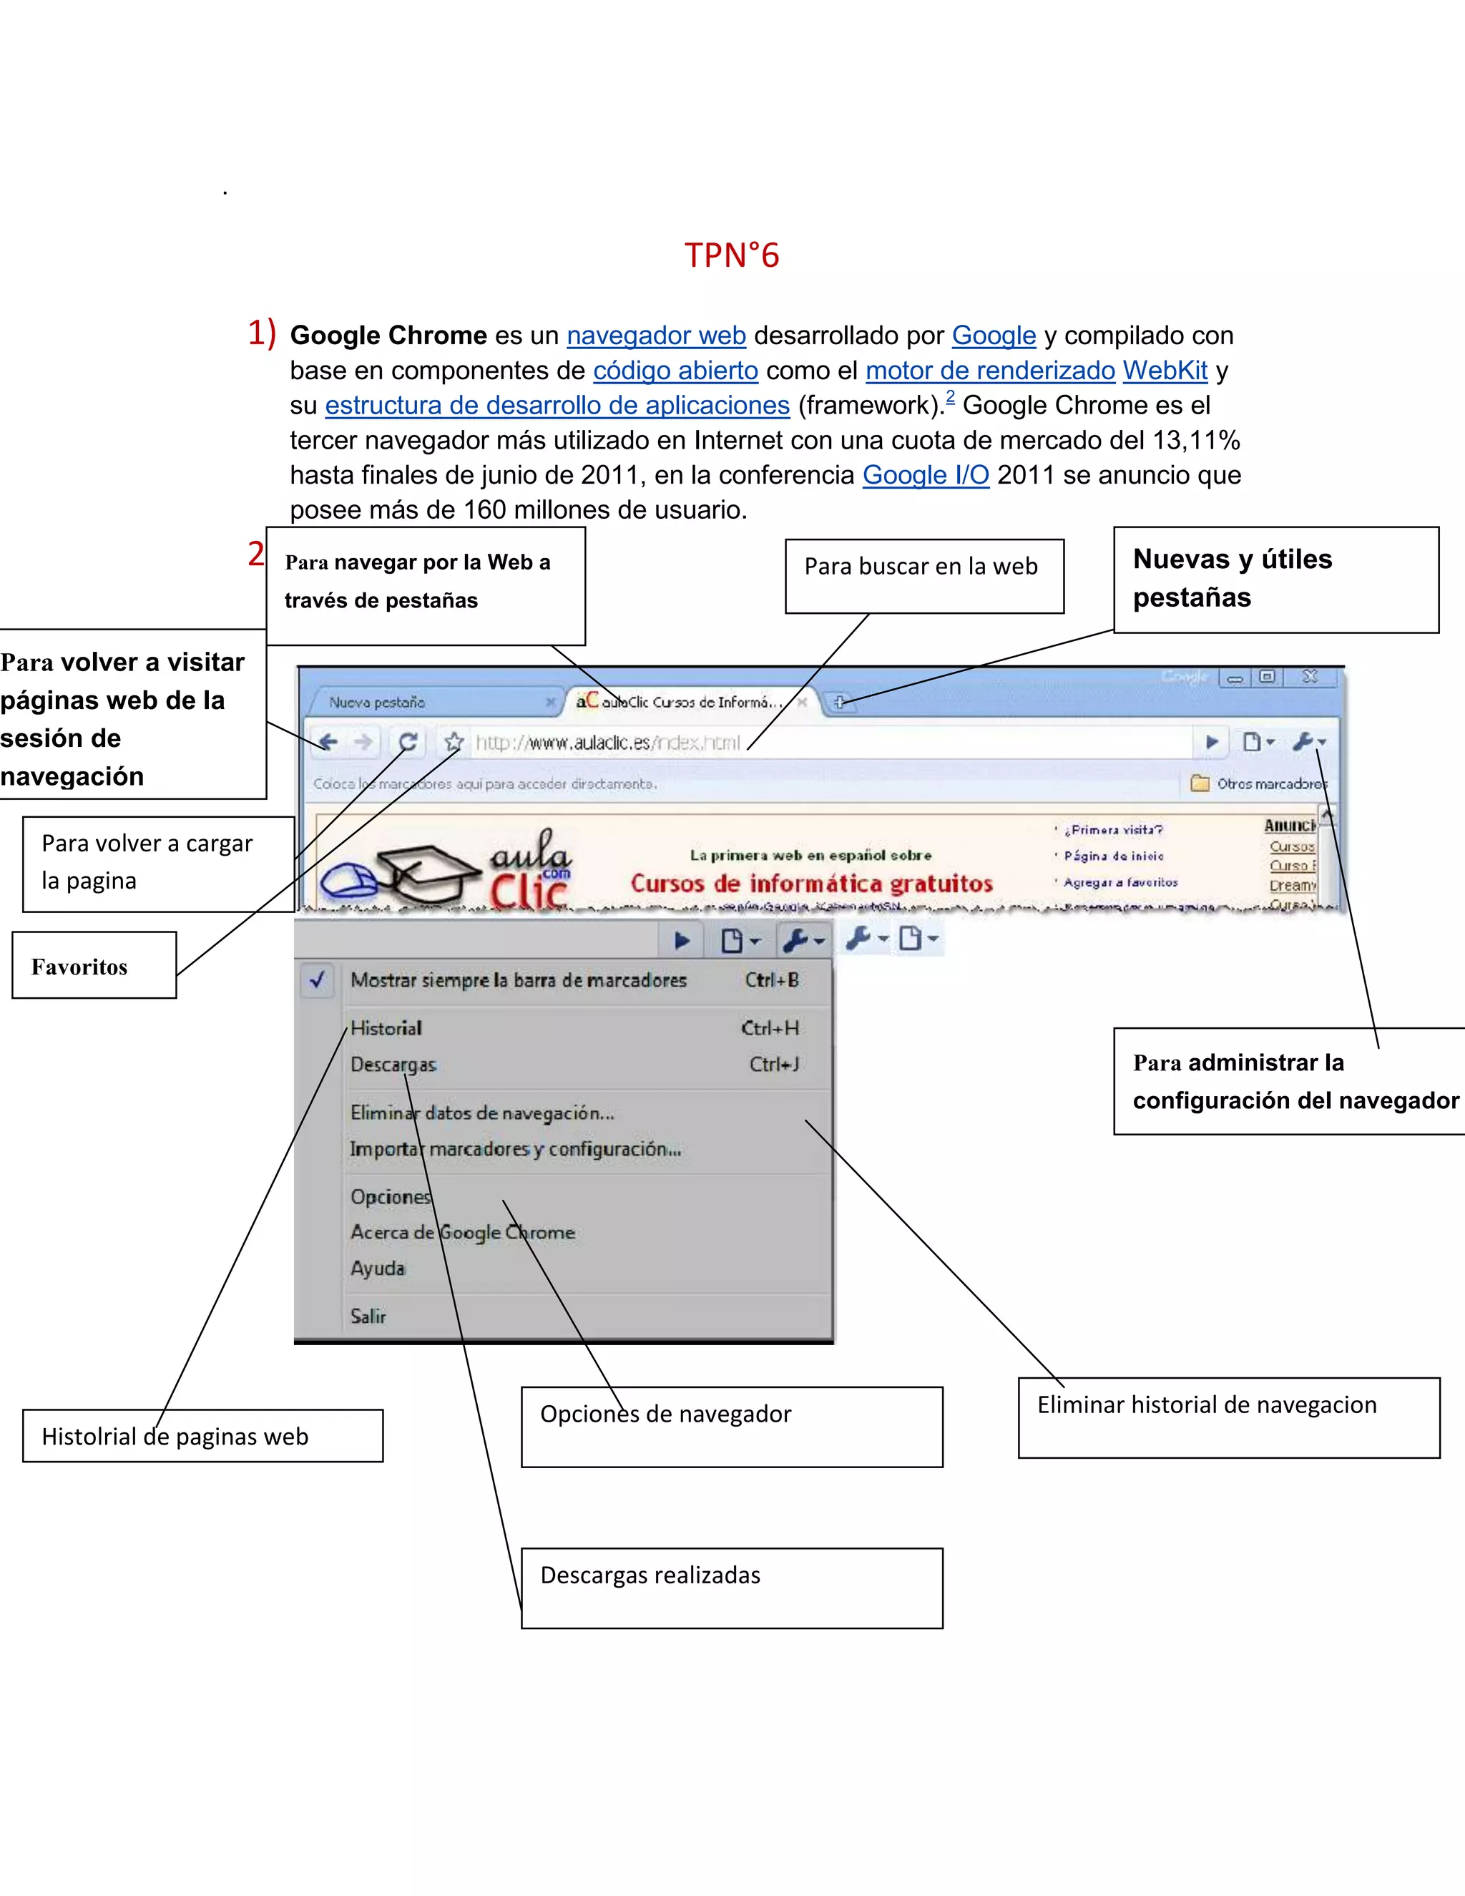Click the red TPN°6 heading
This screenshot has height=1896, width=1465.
[x=732, y=255]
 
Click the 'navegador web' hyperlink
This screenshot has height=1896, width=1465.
[x=656, y=336]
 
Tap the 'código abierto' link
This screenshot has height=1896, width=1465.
[x=675, y=371]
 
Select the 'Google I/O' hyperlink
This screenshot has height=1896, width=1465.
[x=925, y=475]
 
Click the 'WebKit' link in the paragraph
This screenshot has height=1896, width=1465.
[x=1165, y=371]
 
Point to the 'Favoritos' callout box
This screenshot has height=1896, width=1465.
[x=94, y=965]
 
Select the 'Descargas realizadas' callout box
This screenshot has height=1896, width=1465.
[x=732, y=1588]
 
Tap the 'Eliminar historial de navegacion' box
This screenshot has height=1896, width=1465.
[x=1228, y=1417]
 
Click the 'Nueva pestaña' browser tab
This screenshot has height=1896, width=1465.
[x=378, y=703]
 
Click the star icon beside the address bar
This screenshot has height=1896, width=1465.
[x=453, y=742]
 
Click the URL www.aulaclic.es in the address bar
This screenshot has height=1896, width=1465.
[x=607, y=743]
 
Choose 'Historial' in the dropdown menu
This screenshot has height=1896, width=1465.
[x=386, y=1028]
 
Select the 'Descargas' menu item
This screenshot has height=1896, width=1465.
[x=393, y=1065]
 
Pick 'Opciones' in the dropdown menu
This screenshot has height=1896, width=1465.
[x=391, y=1197]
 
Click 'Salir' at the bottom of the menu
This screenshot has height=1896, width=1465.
[x=368, y=1316]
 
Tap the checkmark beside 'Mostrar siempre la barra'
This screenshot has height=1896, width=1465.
[x=318, y=980]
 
